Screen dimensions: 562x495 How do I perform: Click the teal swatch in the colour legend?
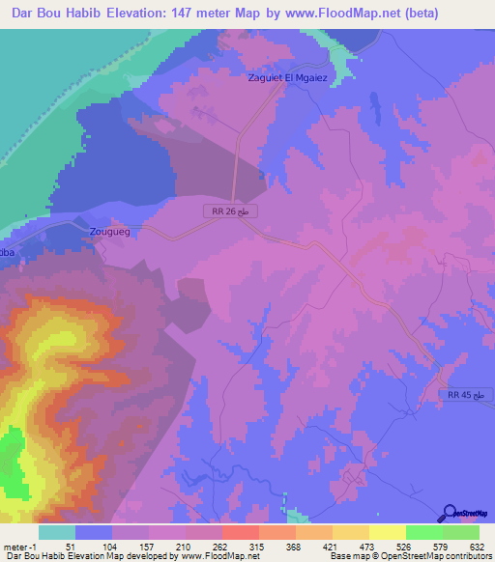point(57,532)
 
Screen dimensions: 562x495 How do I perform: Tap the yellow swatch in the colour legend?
point(387,532)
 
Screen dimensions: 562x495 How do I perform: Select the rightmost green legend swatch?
point(460,532)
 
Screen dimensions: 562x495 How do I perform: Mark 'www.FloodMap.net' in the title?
point(331,14)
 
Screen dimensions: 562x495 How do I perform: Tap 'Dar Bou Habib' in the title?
point(55,14)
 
